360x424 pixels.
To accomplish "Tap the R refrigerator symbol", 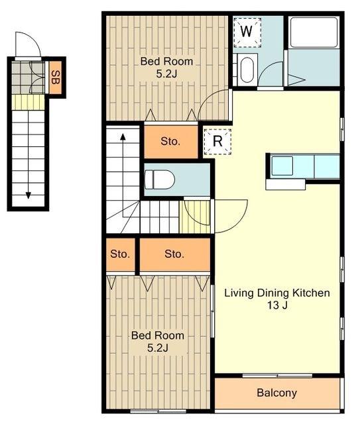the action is point(217,142).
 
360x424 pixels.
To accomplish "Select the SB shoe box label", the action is point(56,78).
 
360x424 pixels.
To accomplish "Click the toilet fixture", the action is point(159,180).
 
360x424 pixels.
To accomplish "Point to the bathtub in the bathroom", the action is point(314,32).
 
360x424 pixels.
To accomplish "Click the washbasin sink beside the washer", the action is point(247,70).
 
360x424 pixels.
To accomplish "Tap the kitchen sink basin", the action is point(282,166).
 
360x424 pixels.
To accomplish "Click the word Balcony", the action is point(276,393).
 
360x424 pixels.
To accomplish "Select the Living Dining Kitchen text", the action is point(277,293).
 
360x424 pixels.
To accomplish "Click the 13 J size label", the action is point(277,305).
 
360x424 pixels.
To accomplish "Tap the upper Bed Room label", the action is point(166,62).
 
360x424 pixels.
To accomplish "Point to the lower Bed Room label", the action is point(158,336).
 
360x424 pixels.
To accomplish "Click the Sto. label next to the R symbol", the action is point(170,141).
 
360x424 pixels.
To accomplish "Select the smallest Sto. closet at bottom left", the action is point(120,254).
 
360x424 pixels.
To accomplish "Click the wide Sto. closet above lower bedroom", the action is point(175,254).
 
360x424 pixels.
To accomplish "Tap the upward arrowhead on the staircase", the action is point(123,136).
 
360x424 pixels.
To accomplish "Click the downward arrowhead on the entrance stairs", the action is point(28,195).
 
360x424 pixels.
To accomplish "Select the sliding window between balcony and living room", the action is point(277,376).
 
